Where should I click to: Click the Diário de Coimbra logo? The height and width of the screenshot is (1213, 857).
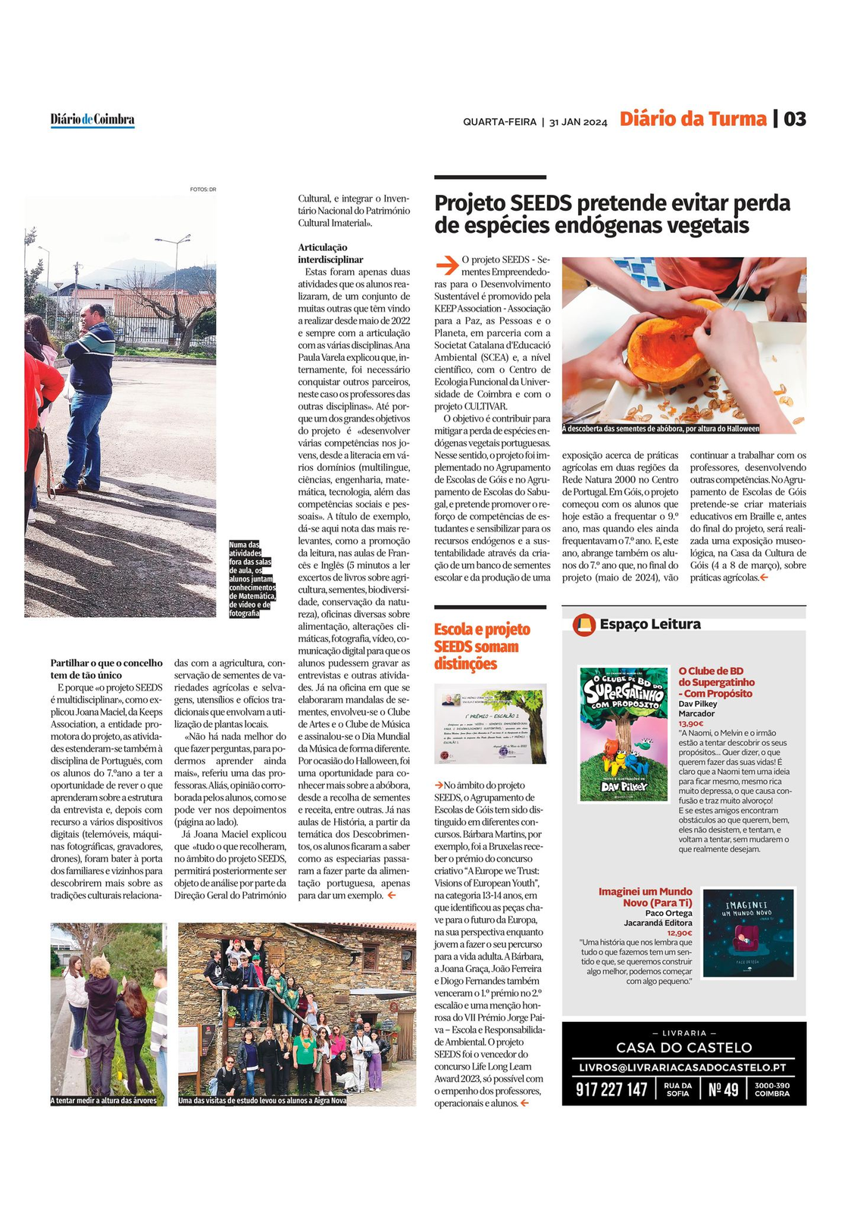point(92,120)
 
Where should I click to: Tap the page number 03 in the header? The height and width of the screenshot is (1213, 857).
point(795,119)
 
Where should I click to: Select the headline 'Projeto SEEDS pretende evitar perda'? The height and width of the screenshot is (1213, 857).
point(612,204)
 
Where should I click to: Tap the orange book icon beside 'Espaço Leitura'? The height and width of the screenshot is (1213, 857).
point(583,624)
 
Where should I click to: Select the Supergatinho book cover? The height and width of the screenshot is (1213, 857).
point(623,733)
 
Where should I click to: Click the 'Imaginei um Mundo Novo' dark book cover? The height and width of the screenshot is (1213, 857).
point(749,932)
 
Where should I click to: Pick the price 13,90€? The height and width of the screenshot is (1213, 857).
point(690,724)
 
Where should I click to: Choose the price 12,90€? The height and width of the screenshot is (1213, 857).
point(680,932)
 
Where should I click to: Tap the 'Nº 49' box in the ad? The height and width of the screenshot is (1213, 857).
point(723,1089)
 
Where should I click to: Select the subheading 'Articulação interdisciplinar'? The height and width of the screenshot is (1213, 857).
point(330,253)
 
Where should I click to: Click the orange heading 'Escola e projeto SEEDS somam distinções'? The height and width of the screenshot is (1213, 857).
point(482,647)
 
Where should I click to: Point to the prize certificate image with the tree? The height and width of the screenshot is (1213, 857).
point(489,726)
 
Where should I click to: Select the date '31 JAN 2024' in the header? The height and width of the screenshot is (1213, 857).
point(578,122)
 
